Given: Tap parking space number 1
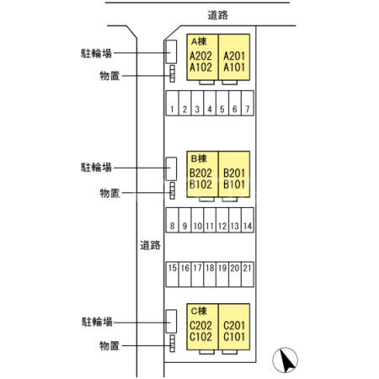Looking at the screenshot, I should [172, 109].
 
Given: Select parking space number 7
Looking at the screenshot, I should [248, 109].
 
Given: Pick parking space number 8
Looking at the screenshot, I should [172, 227].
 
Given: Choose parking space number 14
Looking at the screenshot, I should [248, 227].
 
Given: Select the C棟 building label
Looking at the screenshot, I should [200, 310].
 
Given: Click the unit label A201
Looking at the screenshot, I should [235, 56].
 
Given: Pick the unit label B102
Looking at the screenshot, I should [200, 184].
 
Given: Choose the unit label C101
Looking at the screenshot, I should [235, 337].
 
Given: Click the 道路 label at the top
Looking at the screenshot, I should [217, 14].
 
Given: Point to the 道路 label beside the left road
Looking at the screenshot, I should [150, 245].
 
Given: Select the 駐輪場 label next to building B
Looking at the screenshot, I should [97, 168].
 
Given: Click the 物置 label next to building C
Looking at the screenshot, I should [109, 345].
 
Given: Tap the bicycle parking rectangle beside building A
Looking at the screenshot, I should [169, 51].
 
